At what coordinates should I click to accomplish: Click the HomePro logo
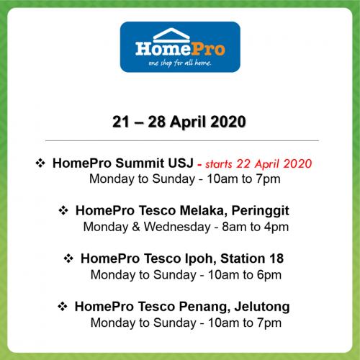click(x=180, y=47)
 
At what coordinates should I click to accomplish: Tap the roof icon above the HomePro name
click(x=171, y=34)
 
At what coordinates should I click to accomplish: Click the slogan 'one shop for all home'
click(x=180, y=63)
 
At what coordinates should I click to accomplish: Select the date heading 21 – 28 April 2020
click(x=179, y=122)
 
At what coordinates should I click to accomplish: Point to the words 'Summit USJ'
click(x=155, y=163)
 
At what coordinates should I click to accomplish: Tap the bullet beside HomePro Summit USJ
click(x=40, y=163)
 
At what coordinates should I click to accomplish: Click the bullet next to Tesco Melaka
click(x=63, y=210)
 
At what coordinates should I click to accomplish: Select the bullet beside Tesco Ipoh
click(x=68, y=258)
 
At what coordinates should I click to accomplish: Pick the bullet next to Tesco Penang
click(x=63, y=307)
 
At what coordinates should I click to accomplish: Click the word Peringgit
click(x=261, y=211)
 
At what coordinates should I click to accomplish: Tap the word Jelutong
click(x=262, y=307)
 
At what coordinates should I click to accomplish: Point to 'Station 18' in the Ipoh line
click(x=252, y=258)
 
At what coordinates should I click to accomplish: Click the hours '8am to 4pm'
click(x=255, y=227)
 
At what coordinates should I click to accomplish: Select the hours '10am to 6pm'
click(x=245, y=275)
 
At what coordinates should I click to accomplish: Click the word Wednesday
click(x=177, y=227)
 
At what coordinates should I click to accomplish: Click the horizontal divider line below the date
click(x=182, y=140)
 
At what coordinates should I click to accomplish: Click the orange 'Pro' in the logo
click(x=208, y=49)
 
